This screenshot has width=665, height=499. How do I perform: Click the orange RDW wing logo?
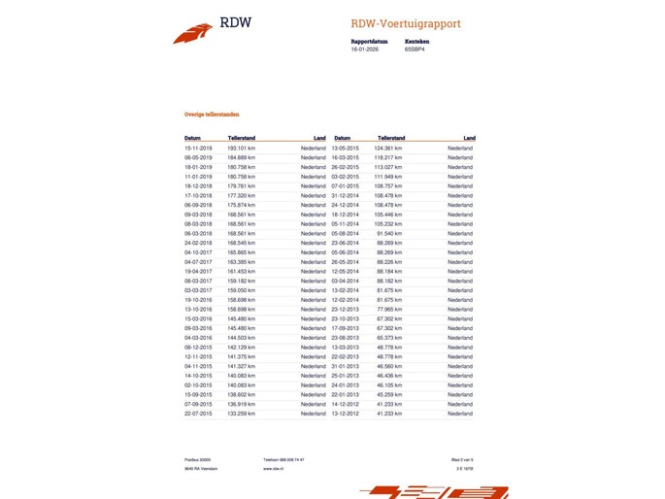pyautogui.click(x=193, y=33)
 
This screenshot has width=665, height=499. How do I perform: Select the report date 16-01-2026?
pyautogui.click(x=365, y=49)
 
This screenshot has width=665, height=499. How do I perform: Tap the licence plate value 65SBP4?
pyautogui.click(x=416, y=49)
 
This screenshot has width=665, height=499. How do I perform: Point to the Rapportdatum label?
pyautogui.click(x=369, y=42)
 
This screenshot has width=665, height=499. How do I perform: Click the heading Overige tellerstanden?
pyautogui.click(x=213, y=115)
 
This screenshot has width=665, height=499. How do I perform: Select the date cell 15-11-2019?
pyautogui.click(x=198, y=148)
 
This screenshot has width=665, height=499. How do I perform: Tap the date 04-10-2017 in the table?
pyautogui.click(x=198, y=252)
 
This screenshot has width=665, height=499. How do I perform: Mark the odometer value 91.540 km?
pyautogui.click(x=391, y=233)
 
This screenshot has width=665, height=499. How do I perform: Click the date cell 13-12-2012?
pyautogui.click(x=346, y=414)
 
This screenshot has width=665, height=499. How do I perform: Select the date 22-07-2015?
pyautogui.click(x=198, y=414)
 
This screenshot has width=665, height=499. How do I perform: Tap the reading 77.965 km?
pyautogui.click(x=391, y=309)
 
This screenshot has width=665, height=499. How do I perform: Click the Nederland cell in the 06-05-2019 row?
pyautogui.click(x=314, y=157)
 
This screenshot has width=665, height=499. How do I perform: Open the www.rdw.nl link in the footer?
pyautogui.click(x=273, y=468)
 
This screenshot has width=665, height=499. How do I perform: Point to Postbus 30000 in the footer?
pyautogui.click(x=197, y=459)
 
